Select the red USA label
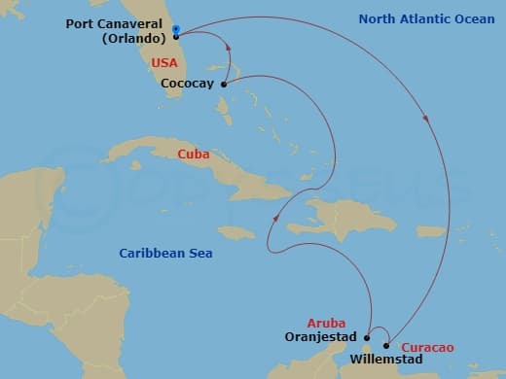[164, 62]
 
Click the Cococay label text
[188, 85]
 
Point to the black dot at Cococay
[224, 85]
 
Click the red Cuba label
[195, 155]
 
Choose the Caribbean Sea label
[166, 254]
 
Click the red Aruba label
[327, 323]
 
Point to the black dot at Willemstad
[386, 345]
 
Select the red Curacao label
[431, 347]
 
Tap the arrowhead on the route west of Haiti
[278, 217]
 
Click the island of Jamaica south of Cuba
[236, 232]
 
